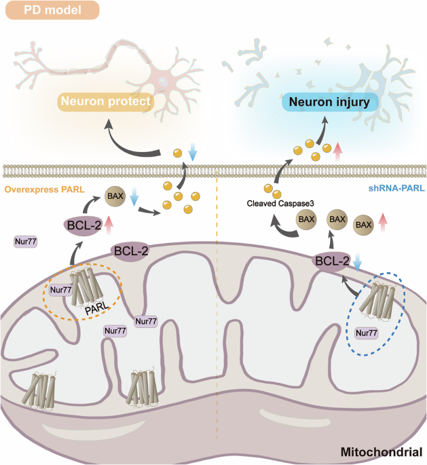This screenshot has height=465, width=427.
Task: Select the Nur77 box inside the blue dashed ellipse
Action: coord(367,333)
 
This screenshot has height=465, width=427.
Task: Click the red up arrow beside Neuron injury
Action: coord(338,151)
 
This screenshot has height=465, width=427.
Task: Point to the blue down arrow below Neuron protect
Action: coord(193,151)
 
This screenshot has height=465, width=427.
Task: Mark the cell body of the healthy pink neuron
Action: coord(164,80)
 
